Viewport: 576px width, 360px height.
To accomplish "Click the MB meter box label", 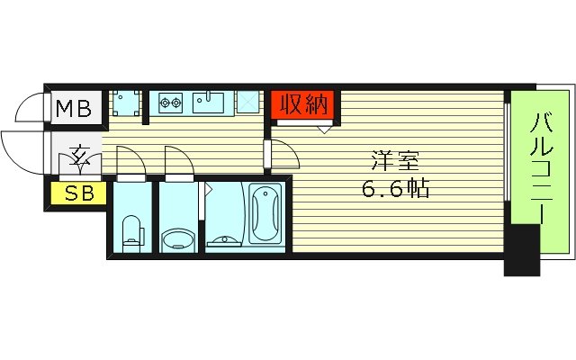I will point(74,110).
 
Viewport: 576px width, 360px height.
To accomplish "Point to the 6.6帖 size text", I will point(395,191).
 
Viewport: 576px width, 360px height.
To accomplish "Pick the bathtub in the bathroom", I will point(265,213).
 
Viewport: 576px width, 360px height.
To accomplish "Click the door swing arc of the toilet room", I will point(130,158).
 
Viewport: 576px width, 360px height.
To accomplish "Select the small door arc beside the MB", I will point(30,108).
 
